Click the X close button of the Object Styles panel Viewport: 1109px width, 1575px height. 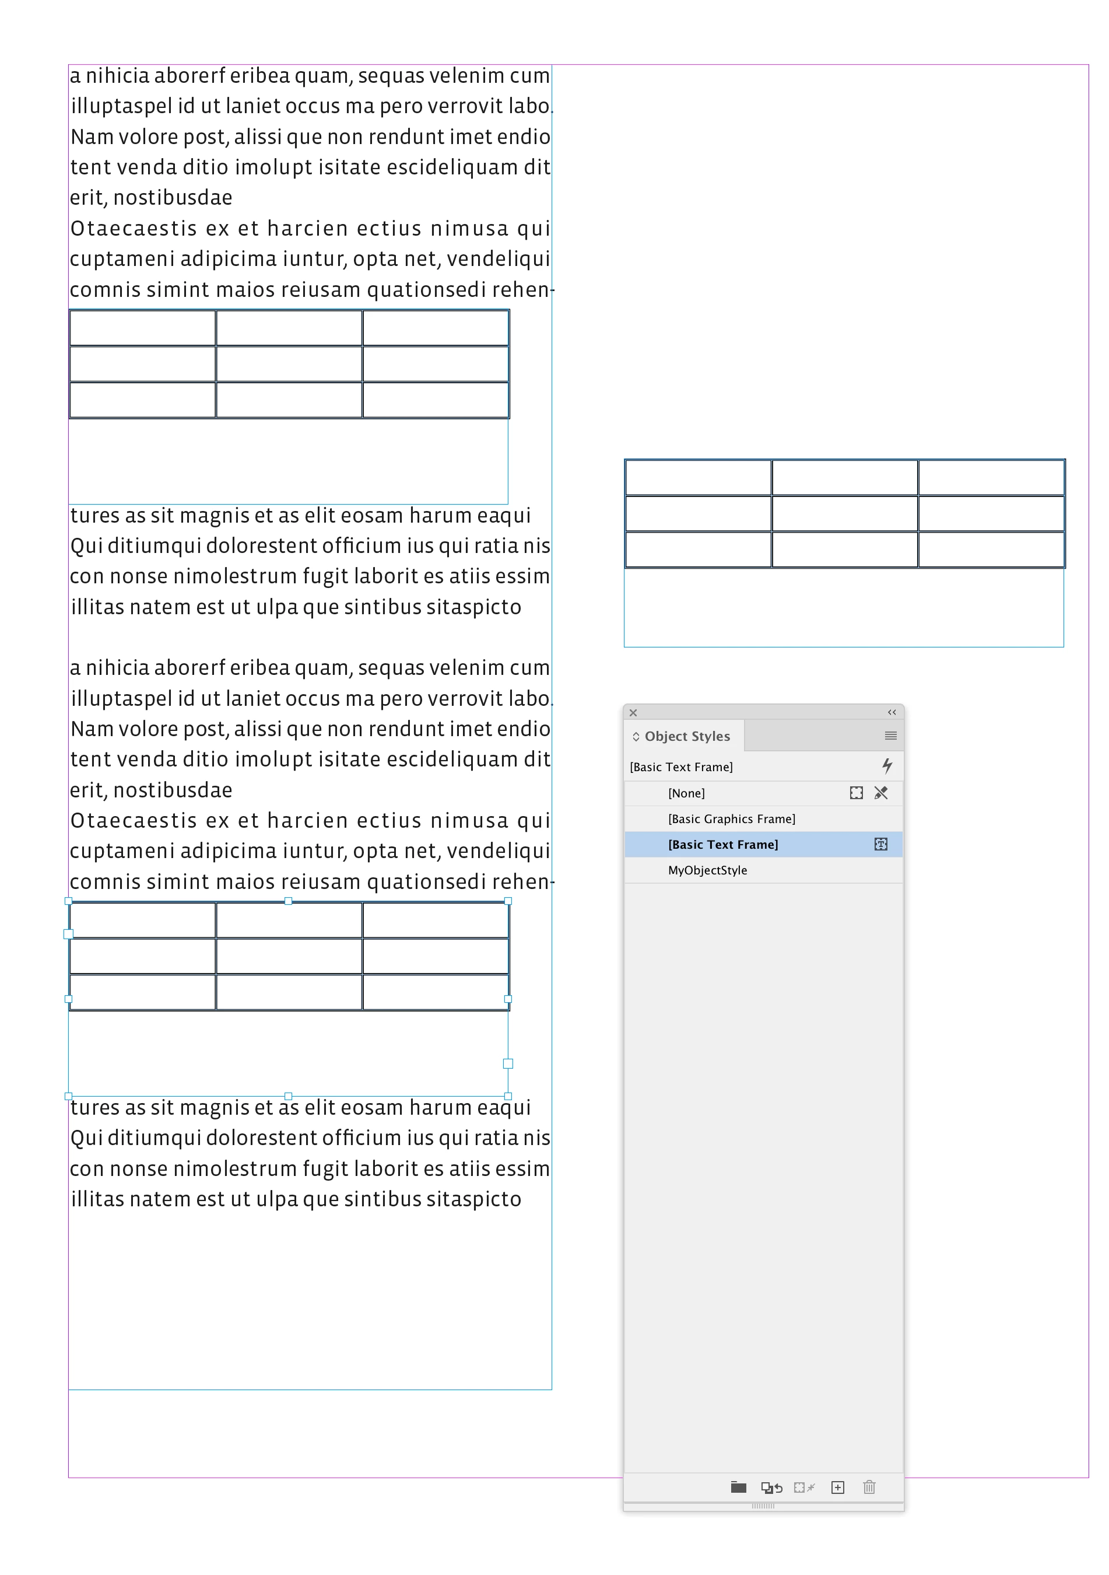point(633,713)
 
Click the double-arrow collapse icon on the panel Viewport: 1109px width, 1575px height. point(892,712)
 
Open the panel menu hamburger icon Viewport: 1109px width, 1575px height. point(890,736)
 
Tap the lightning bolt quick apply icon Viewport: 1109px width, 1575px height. point(887,765)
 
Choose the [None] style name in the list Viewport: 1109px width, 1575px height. point(686,793)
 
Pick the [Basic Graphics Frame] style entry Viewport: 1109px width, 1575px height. point(731,819)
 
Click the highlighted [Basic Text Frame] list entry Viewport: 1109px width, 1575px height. point(723,845)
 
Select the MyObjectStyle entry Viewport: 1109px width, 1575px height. point(707,870)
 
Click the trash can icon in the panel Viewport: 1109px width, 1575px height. point(869,1487)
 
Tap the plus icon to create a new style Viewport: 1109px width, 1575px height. point(837,1487)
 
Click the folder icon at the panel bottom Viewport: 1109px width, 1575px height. point(738,1487)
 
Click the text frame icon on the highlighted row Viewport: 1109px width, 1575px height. point(880,845)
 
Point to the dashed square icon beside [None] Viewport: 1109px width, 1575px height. point(856,793)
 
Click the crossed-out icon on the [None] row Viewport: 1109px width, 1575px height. point(881,793)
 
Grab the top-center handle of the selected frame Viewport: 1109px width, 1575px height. point(288,901)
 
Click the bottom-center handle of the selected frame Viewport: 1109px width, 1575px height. point(288,1096)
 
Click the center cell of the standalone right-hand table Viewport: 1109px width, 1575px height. point(844,514)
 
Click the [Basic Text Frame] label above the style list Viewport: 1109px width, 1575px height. point(681,767)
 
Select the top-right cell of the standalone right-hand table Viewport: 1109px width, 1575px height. point(991,477)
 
